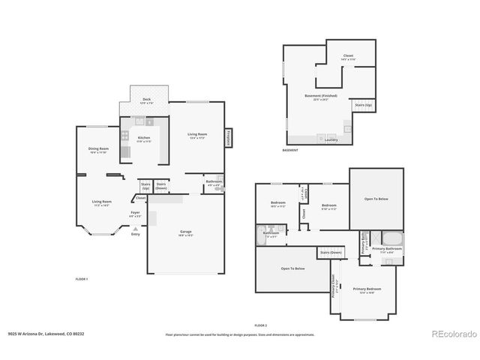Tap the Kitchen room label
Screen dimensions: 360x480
click(x=143, y=139)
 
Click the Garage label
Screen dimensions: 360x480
click(x=186, y=232)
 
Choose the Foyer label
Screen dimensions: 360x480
click(x=135, y=213)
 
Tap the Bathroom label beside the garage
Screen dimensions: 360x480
click(x=213, y=182)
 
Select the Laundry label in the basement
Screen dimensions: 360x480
click(x=330, y=139)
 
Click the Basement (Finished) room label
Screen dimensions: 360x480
click(x=320, y=96)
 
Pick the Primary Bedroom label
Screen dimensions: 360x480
click(x=367, y=289)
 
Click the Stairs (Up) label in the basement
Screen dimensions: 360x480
click(x=363, y=105)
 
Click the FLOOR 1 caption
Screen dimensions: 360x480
click(x=82, y=279)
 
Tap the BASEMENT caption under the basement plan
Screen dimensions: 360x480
click(x=289, y=150)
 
